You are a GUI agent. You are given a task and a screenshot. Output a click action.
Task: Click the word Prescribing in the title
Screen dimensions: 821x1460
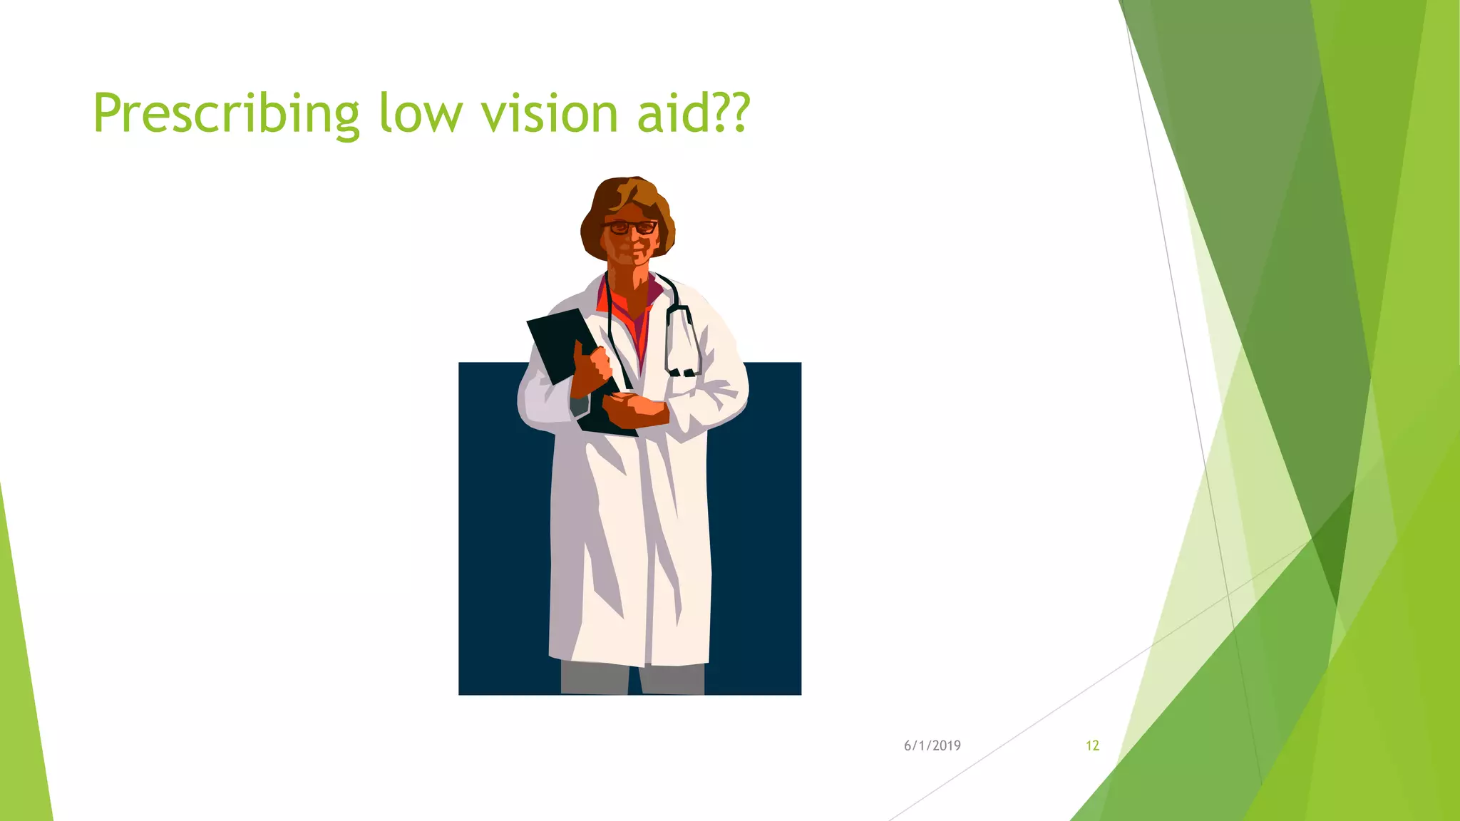[x=226, y=114]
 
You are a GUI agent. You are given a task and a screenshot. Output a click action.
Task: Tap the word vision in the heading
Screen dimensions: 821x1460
[x=549, y=114]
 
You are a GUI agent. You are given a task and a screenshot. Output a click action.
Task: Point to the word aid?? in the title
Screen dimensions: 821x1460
[x=692, y=114]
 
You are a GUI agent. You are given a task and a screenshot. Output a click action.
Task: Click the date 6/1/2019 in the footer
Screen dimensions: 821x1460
[x=932, y=745]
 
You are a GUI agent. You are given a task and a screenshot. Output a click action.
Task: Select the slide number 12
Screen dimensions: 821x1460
[x=1092, y=745]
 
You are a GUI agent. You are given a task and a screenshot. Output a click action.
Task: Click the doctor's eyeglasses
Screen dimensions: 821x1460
[x=630, y=228]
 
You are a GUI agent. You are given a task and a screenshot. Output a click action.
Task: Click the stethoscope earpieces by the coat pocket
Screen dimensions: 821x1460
[x=682, y=371]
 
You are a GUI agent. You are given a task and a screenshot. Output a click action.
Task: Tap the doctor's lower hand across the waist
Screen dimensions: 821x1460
[x=634, y=408]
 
